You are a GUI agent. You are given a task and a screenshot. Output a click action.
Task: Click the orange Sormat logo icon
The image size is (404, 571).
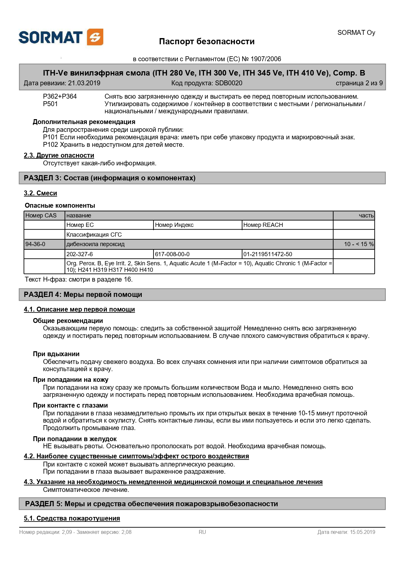[95, 37]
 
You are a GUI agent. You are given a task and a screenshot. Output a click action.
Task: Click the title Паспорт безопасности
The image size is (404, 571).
[207, 41]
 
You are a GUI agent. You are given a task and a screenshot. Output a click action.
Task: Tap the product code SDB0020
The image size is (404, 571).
[228, 83]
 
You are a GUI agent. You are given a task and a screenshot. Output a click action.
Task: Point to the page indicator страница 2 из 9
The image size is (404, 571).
[359, 83]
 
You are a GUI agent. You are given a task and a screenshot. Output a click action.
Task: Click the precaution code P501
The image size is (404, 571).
[50, 104]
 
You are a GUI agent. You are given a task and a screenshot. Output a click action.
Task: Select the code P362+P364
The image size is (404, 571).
[60, 96]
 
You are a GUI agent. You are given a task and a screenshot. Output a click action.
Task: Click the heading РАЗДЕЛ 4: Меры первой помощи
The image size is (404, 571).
[83, 295]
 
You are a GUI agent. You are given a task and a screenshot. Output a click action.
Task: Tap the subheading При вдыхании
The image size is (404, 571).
[56, 354]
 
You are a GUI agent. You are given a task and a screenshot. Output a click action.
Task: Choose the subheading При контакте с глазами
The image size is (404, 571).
[70, 405]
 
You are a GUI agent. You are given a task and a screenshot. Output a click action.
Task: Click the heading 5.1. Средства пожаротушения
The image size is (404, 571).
[72, 518]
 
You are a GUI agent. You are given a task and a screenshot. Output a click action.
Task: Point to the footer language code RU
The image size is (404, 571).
[202, 532]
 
